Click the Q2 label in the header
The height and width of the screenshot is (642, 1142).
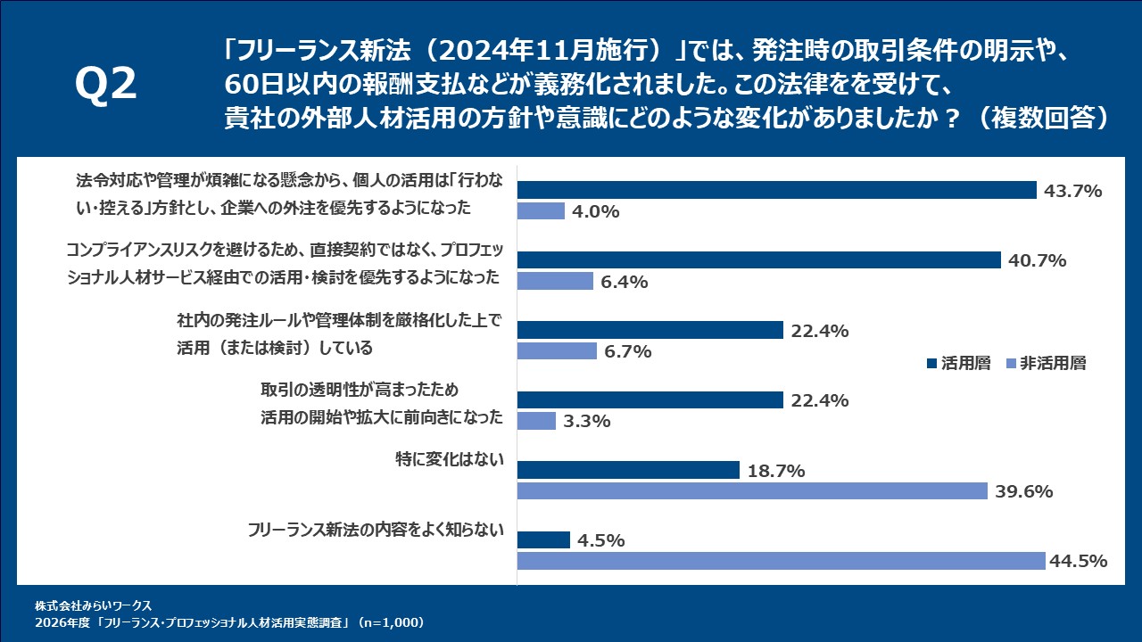[106, 86]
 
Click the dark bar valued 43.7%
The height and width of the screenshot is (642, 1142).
[776, 190]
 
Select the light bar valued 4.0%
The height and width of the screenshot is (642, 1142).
[541, 211]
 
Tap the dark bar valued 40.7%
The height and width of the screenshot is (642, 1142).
[758, 259]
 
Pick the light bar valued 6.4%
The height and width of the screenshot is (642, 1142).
[555, 281]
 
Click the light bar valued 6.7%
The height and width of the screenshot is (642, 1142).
[557, 350]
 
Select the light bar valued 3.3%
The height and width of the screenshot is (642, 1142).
[536, 420]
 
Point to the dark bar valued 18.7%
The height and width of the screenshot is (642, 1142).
[628, 470]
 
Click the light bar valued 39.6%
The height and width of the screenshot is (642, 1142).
[752, 491]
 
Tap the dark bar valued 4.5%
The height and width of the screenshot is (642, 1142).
[543, 539]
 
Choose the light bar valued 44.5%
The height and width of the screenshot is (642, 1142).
[781, 561]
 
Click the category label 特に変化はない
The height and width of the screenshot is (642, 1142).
[450, 460]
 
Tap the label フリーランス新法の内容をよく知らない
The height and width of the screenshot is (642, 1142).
[376, 531]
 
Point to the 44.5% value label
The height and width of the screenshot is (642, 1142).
[1080, 561]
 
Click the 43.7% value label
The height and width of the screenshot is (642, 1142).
[1072, 191]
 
